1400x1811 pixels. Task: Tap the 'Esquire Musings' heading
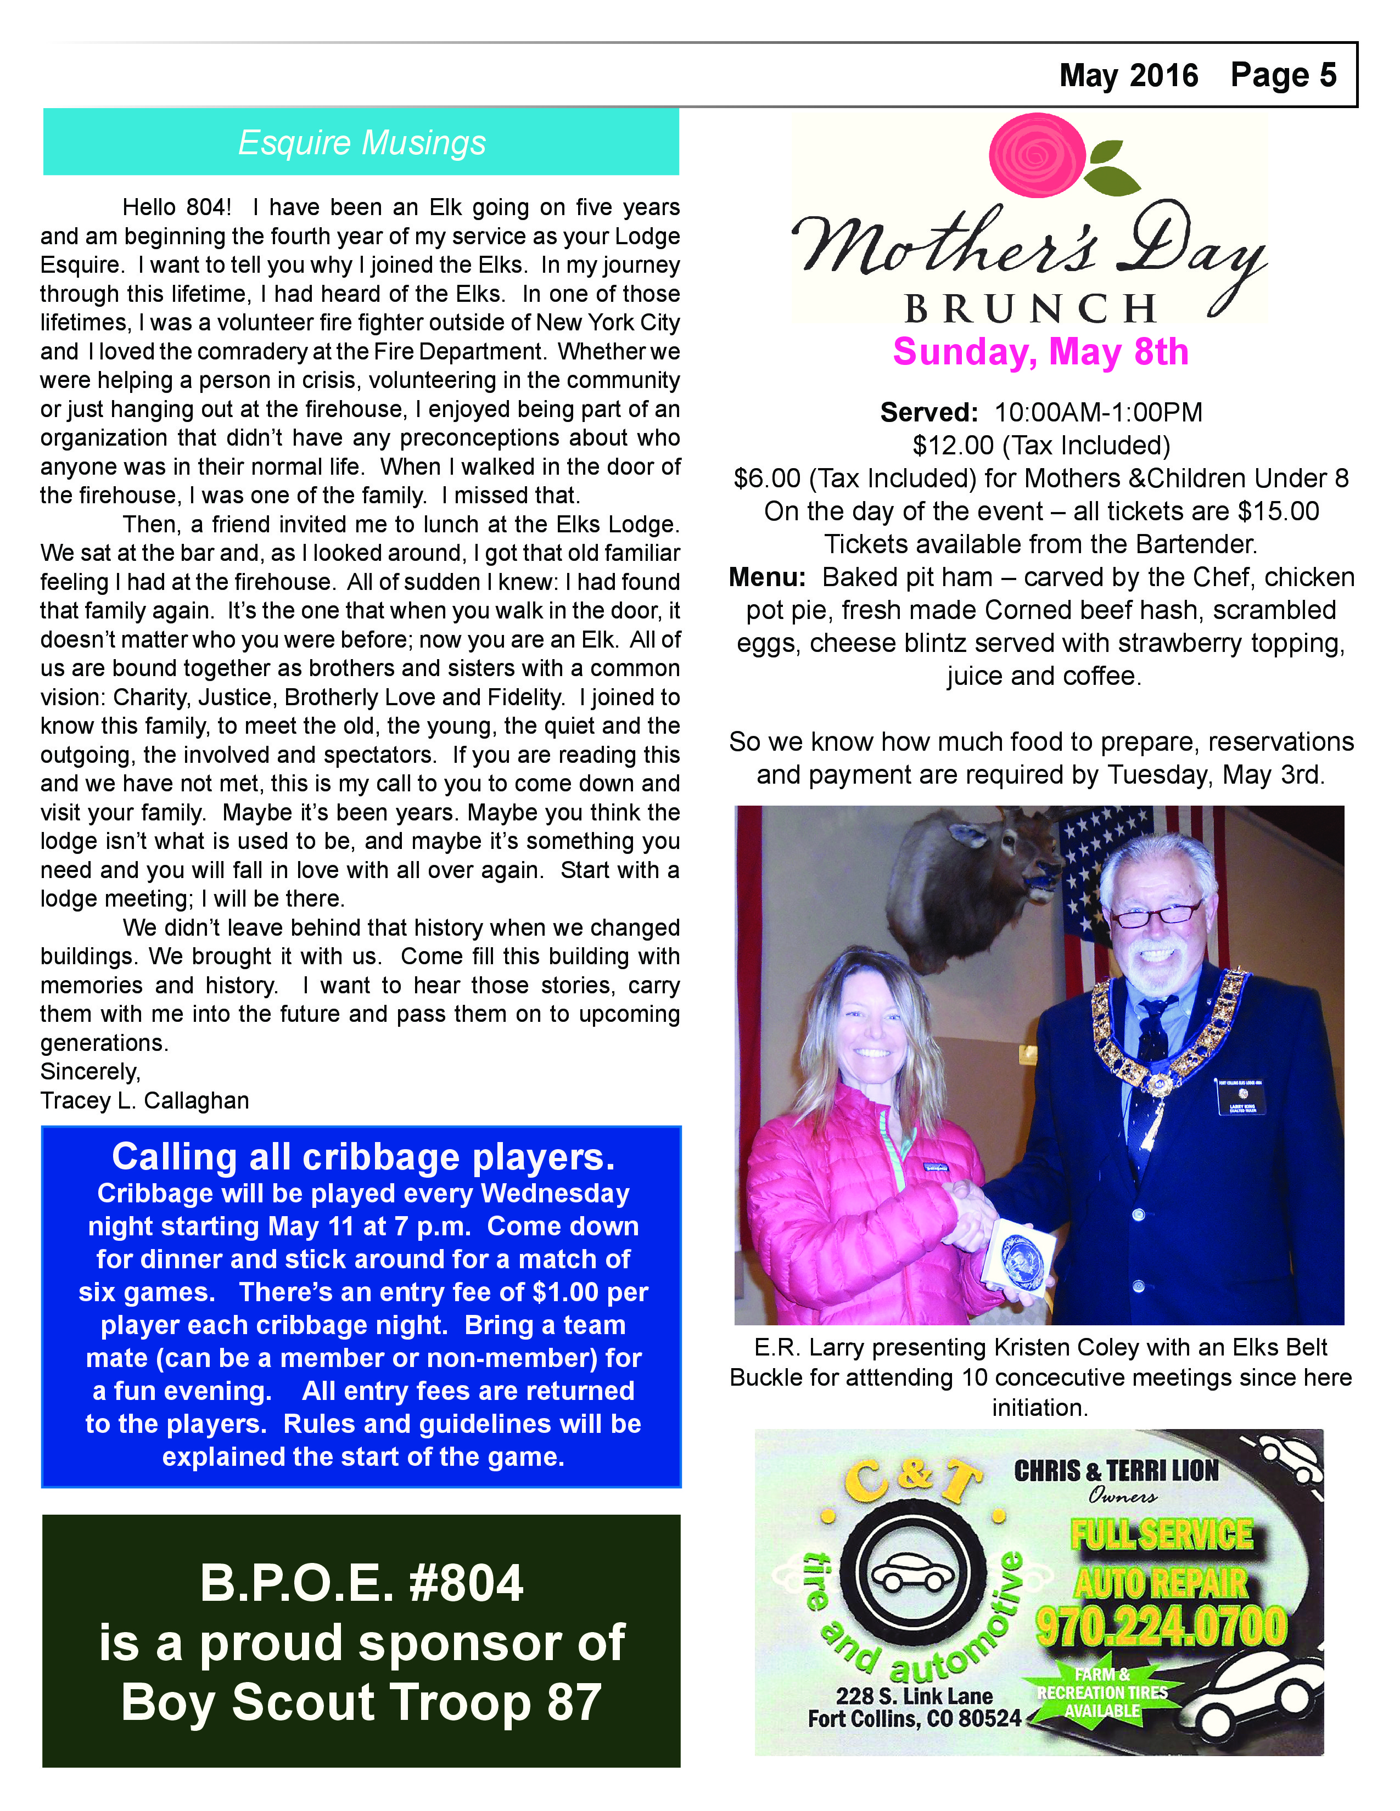362,143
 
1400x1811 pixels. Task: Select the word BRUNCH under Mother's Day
1031,310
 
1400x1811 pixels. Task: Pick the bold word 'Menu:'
767,577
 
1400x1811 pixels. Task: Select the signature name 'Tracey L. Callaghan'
144,1100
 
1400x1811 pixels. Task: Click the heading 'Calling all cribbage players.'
363,1157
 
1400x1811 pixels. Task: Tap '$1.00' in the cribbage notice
565,1292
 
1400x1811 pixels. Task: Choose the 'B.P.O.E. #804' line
362,1583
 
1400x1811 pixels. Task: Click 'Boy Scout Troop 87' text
362,1702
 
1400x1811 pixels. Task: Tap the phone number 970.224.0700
1161,1627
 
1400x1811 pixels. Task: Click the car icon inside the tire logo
915,1572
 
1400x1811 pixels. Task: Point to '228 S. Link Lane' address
914,1696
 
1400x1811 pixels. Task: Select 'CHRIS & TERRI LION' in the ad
1116,1471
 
